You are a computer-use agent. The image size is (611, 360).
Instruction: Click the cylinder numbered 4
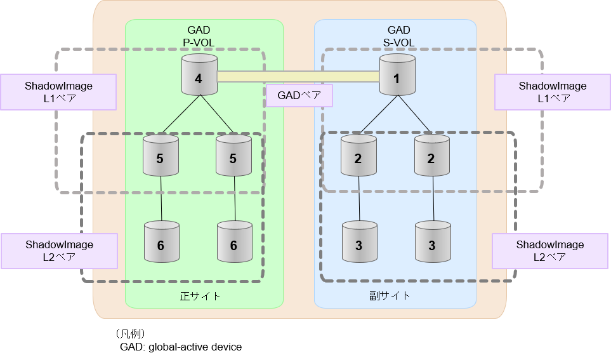pos(199,76)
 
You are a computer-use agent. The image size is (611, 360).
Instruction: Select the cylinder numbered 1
pos(397,76)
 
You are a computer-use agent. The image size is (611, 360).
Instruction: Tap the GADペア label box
pos(299,96)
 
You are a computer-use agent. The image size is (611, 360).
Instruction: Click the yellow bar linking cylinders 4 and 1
pos(298,77)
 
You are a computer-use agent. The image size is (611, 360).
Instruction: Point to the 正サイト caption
pos(200,296)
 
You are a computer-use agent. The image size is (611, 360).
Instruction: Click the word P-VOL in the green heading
pos(199,42)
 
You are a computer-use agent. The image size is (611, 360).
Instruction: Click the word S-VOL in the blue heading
pos(398,42)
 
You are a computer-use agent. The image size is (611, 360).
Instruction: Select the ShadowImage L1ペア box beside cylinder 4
pos(58,92)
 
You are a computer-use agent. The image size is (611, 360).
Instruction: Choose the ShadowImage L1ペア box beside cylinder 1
pos(552,92)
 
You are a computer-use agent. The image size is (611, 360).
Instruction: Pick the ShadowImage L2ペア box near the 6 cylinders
pos(59,251)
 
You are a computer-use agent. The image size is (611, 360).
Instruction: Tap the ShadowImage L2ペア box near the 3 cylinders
pos(549,251)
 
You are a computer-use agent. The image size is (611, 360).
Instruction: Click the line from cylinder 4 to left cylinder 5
pos(181,115)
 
